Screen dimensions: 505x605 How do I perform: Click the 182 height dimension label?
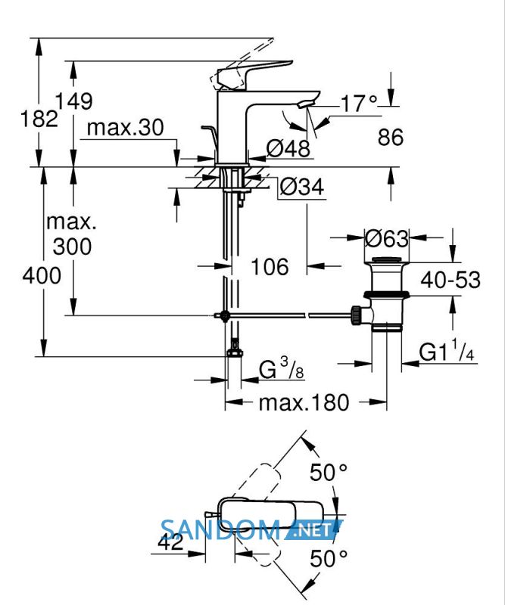(x=39, y=119)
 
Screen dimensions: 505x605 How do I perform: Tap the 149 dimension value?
(x=73, y=101)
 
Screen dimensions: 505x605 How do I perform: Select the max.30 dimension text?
(x=125, y=127)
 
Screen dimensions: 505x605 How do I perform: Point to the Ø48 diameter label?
(x=288, y=147)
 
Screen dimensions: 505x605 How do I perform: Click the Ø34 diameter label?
(x=302, y=187)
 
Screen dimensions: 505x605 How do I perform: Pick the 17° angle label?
(x=359, y=104)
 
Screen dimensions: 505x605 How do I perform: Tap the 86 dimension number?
(x=390, y=137)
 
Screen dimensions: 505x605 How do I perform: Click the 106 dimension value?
(x=270, y=267)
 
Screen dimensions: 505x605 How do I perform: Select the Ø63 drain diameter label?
(x=387, y=239)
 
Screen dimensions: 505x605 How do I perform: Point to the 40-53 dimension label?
(x=450, y=280)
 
